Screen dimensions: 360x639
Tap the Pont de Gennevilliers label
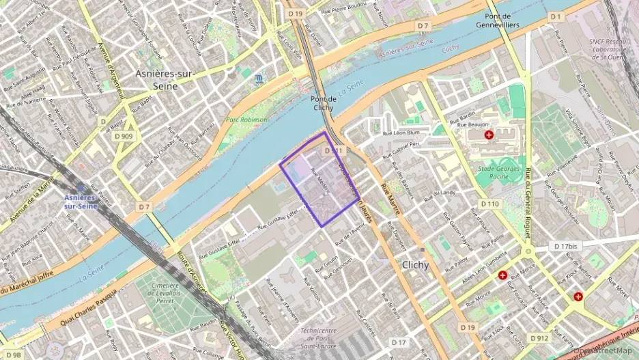(x=502, y=20)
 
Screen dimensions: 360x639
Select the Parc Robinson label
(x=247, y=120)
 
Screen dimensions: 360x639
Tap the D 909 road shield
(x=124, y=136)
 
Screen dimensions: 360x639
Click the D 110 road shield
(x=489, y=204)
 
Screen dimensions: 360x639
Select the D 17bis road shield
(x=565, y=246)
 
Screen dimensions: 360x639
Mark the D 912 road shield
(x=537, y=337)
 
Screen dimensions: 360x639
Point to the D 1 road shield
(x=555, y=16)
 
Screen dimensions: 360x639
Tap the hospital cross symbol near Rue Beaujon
(x=488, y=136)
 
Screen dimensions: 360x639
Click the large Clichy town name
(x=416, y=265)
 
